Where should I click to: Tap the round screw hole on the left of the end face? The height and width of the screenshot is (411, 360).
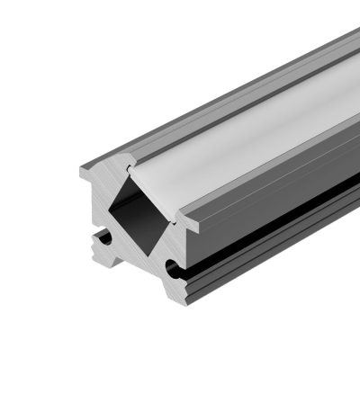click(106, 237)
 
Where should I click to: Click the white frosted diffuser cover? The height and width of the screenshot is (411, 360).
click(252, 126)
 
